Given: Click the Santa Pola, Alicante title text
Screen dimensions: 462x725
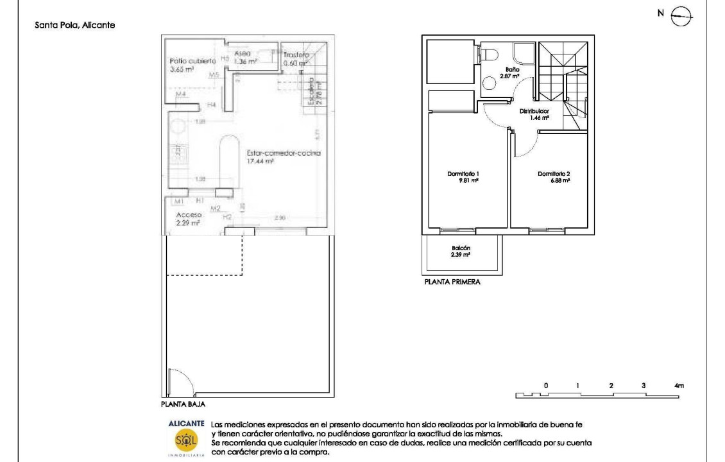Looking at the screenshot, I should pyautogui.click(x=74, y=26).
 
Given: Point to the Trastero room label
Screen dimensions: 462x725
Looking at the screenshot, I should pyautogui.click(x=296, y=60).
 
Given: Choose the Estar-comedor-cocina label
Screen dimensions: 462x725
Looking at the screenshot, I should pyautogui.click(x=283, y=157).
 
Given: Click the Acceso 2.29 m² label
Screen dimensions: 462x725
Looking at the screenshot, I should pyautogui.click(x=188, y=219).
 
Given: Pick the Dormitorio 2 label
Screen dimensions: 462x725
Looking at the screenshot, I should pyautogui.click(x=554, y=176).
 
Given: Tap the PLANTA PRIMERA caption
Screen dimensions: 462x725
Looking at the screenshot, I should pyautogui.click(x=452, y=281).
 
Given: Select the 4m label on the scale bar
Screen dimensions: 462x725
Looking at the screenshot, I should pyautogui.click(x=679, y=385).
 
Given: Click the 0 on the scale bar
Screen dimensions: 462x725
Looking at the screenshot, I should pyautogui.click(x=545, y=385).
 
